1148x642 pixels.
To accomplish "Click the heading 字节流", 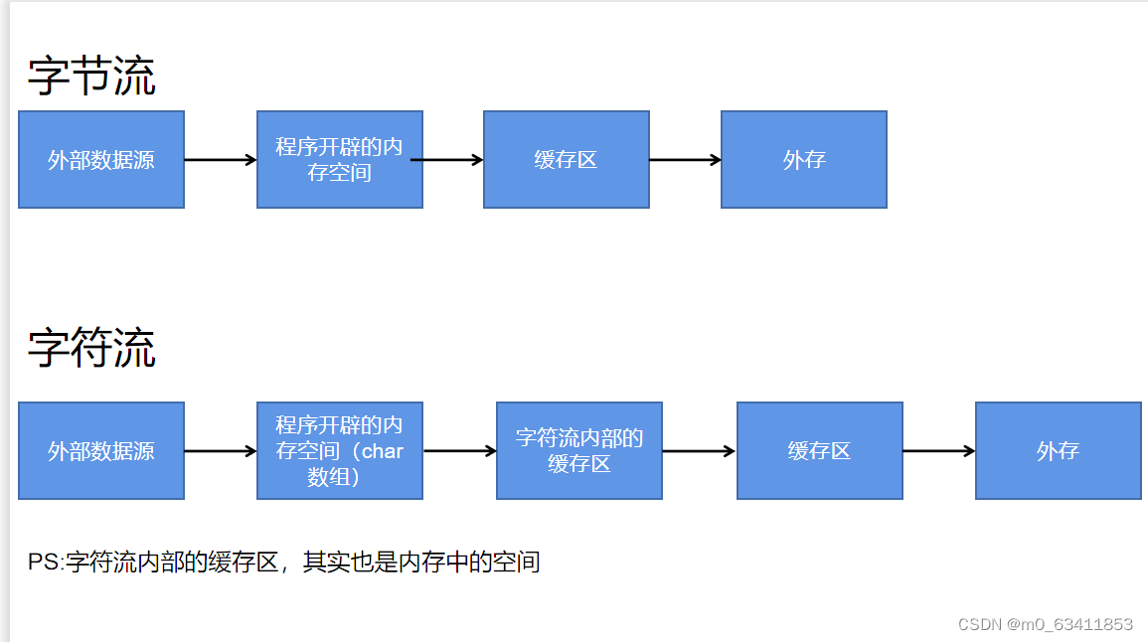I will click(x=91, y=77).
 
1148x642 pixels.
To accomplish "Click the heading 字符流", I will click(x=91, y=348).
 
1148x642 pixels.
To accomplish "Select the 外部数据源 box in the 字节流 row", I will click(x=101, y=159).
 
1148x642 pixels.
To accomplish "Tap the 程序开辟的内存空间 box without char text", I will click(x=340, y=159).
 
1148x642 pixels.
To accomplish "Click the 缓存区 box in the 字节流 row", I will click(x=567, y=159).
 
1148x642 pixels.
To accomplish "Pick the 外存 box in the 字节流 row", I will click(x=804, y=159).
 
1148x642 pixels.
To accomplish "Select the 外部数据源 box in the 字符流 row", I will click(x=101, y=450).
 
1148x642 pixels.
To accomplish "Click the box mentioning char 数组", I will click(x=340, y=450).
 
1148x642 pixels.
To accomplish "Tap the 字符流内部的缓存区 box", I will click(x=579, y=450).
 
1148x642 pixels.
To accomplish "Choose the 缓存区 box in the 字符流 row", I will click(x=820, y=450).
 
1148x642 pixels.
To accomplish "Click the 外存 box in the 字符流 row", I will click(x=1059, y=450).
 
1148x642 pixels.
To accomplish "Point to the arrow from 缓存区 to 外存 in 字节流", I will click(x=685, y=159).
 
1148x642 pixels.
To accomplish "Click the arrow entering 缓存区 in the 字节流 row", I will click(x=453, y=159).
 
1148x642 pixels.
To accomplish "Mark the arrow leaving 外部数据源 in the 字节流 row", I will click(x=221, y=159).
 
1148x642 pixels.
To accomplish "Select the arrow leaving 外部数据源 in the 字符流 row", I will click(x=221, y=451).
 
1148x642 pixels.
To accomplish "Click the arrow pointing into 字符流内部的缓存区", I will click(x=459, y=451).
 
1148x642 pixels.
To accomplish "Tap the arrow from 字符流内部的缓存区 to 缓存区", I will click(x=699, y=451).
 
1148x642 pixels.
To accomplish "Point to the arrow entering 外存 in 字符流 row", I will click(x=939, y=451).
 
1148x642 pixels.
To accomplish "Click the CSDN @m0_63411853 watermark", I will click(x=1045, y=624).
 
